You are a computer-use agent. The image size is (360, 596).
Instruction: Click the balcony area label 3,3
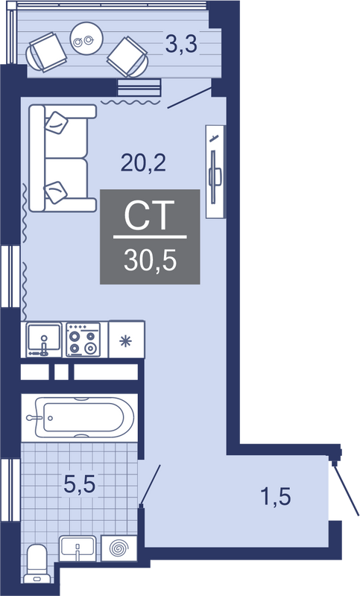click(x=182, y=44)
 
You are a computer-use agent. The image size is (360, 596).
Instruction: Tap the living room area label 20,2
click(x=143, y=163)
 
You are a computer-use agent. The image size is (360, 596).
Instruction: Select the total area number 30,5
click(x=150, y=261)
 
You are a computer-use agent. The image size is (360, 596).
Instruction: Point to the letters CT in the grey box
click(x=149, y=215)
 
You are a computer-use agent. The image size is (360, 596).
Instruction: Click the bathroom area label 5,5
click(x=79, y=485)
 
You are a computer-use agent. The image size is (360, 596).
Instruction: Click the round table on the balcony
click(x=87, y=39)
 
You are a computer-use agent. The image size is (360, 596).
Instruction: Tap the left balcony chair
click(x=46, y=52)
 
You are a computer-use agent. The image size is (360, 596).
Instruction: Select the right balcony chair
click(x=127, y=57)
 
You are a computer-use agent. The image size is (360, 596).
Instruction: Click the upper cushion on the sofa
click(x=57, y=122)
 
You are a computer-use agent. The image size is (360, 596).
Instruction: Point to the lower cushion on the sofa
click(x=56, y=192)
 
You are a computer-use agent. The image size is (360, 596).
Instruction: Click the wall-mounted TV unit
click(x=215, y=172)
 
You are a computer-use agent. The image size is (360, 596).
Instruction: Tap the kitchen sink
click(x=43, y=339)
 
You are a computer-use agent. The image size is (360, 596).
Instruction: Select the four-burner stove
click(x=83, y=340)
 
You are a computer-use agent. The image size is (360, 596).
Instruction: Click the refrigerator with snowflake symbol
click(x=126, y=340)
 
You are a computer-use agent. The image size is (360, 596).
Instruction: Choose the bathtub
click(x=80, y=418)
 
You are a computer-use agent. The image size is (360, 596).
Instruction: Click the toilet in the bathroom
click(x=37, y=563)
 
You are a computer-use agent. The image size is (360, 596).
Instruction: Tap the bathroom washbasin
click(x=78, y=548)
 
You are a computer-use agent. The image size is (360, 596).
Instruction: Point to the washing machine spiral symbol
click(x=119, y=548)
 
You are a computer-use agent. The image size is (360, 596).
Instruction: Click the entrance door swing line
click(x=347, y=489)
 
